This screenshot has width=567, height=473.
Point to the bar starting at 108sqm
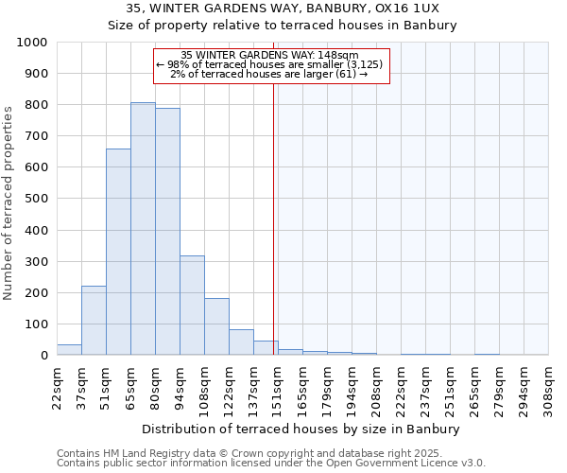point(216,326)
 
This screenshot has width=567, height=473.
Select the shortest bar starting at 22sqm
point(69,349)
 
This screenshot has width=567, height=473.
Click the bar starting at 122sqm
point(241,342)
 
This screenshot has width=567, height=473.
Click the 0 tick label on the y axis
point(44,356)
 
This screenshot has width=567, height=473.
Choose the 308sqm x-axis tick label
point(548,385)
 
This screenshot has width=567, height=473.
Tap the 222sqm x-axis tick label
point(401,385)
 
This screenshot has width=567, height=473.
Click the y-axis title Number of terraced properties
point(9,202)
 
